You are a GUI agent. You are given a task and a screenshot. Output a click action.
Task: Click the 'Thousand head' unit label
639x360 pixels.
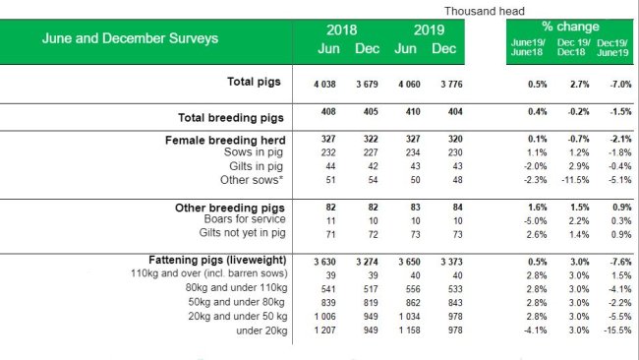click(x=485, y=10)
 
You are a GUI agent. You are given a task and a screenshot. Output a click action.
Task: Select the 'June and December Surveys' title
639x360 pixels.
click(x=130, y=39)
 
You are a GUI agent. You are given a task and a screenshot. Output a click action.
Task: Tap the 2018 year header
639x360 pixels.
click(x=343, y=30)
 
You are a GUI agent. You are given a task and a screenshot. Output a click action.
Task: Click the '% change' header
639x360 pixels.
click(x=570, y=27)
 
